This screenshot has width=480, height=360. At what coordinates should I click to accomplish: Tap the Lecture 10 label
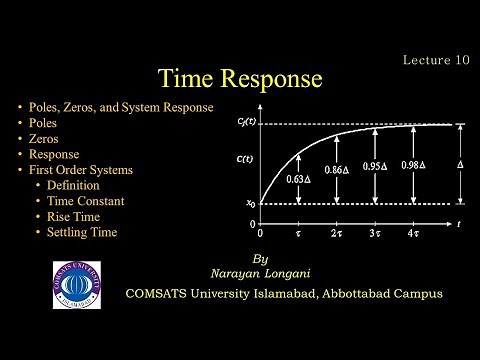435,59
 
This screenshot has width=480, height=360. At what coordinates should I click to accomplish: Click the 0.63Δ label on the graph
296,180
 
